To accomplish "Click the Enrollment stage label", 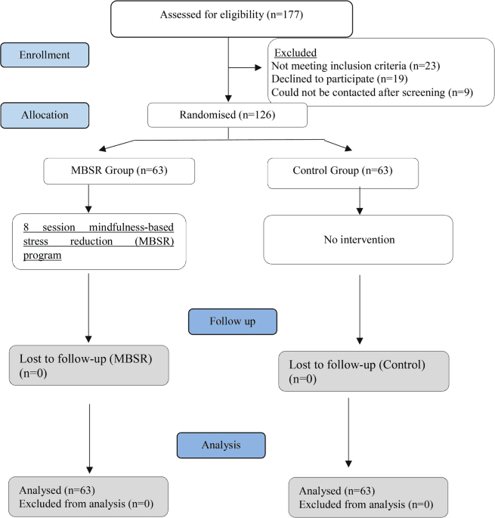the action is [x=45, y=55].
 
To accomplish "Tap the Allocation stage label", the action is [x=45, y=115].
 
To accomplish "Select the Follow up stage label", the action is [x=233, y=321].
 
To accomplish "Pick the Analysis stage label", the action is [x=221, y=445].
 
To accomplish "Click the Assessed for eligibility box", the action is [x=231, y=19].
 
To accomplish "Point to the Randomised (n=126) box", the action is [x=227, y=115].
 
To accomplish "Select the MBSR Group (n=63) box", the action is [x=119, y=171].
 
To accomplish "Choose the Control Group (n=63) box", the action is [x=343, y=173].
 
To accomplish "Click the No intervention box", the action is [x=358, y=240].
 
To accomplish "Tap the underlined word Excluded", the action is [x=295, y=52].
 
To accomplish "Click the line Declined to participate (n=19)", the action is [x=339, y=79].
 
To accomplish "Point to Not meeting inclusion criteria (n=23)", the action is [x=356, y=66].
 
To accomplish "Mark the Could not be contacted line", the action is [x=372, y=92].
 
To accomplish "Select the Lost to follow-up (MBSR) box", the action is [x=89, y=365].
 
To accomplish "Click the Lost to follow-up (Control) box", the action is [x=364, y=371].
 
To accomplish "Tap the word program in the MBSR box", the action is [x=42, y=256].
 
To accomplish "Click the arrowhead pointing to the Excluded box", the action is [x=258, y=67].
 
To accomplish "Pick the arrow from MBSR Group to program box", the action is [x=88, y=199].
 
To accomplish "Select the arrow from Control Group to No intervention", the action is [x=360, y=200].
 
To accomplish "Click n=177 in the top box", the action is [x=285, y=14].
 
